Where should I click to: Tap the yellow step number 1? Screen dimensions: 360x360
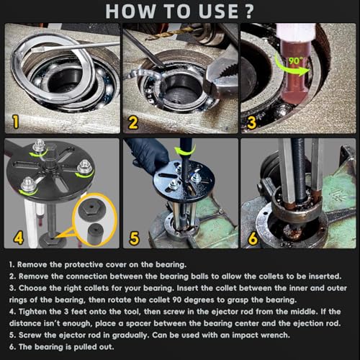point(16,122)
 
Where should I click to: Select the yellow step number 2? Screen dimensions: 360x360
point(132,123)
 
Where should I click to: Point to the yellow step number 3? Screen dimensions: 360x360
point(251,122)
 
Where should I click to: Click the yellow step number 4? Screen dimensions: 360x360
point(19,238)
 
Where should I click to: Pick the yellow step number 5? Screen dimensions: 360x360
point(134,238)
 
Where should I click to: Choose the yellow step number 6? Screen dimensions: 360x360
point(253,238)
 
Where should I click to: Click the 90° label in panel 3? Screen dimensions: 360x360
point(294,61)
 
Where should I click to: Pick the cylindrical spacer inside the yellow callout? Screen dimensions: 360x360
point(95,234)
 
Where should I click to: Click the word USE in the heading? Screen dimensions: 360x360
point(219,12)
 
